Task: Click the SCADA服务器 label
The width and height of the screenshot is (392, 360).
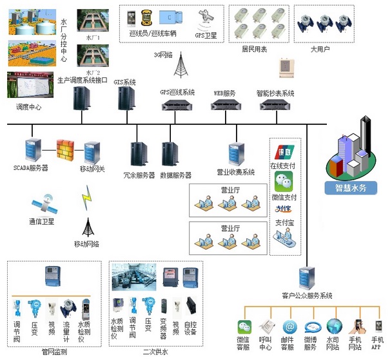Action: (31, 168)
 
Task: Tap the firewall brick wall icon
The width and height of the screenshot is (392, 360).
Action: (66, 149)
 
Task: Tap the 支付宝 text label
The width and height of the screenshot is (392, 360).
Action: (284, 222)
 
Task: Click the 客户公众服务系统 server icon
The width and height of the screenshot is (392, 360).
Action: (307, 278)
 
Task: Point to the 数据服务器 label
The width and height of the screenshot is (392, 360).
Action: (175, 175)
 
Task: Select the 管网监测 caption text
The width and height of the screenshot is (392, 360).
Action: (54, 352)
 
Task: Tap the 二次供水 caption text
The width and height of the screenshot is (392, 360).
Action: (155, 352)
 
